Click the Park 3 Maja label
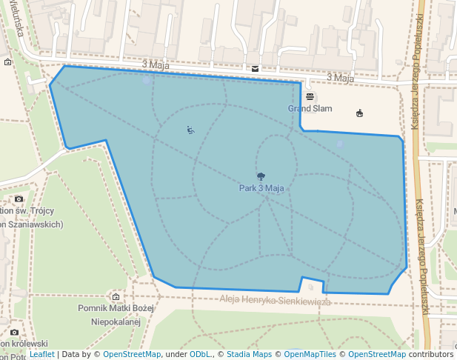pyautogui.click(x=261, y=188)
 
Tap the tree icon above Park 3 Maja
pyautogui.click(x=261, y=176)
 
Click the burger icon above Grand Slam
pyautogui.click(x=309, y=97)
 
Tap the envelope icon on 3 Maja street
pyautogui.click(x=255, y=68)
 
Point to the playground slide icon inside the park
pyautogui.click(x=190, y=130)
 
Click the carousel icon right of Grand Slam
pyautogui.click(x=359, y=113)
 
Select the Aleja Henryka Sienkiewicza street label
pyautogui.click(x=275, y=301)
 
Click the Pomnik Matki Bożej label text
pyautogui.click(x=115, y=308)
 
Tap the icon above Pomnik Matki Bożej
pyautogui.click(x=116, y=296)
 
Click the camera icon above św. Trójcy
pyautogui.click(x=19, y=199)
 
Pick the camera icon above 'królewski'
pyautogui.click(x=14, y=332)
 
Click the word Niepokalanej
pyautogui.click(x=115, y=322)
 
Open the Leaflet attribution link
pyautogui.click(x=42, y=354)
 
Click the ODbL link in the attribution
pyautogui.click(x=201, y=354)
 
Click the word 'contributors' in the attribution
pyautogui.click(x=431, y=354)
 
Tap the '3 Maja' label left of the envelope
pyautogui.click(x=154, y=64)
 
